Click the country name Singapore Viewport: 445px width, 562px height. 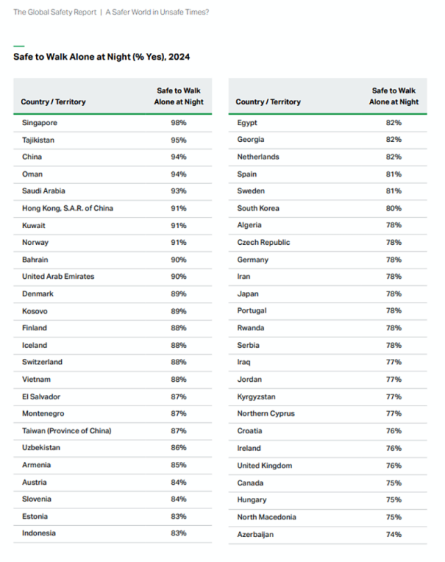40,122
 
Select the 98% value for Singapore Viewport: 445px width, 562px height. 179,122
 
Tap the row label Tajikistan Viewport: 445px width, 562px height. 39,140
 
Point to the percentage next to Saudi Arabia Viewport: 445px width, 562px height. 179,191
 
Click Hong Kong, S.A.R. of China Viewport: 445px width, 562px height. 67,208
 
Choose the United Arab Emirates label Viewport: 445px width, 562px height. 58,276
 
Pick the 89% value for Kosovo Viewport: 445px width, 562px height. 179,311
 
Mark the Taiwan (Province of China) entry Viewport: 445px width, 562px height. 67,431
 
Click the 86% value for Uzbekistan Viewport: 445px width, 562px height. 179,448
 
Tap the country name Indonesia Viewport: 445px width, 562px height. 39,533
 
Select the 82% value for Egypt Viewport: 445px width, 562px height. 394,122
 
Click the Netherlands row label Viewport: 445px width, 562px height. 258,156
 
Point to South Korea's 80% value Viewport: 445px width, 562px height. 394,208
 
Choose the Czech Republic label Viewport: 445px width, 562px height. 264,242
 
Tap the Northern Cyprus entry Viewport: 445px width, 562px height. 266,413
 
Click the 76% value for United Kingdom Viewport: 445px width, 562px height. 394,465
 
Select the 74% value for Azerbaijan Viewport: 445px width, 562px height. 394,534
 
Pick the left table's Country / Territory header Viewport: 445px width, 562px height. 53,102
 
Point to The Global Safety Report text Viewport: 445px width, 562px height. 54,12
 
